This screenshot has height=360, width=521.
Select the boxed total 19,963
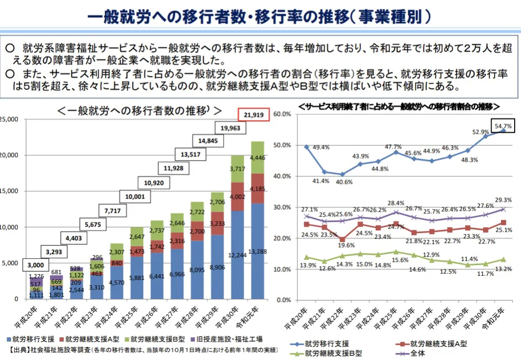[231, 127]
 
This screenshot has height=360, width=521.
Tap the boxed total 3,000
[36, 264]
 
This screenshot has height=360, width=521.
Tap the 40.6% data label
[343, 182]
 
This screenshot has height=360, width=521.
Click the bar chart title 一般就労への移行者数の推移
[138, 111]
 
